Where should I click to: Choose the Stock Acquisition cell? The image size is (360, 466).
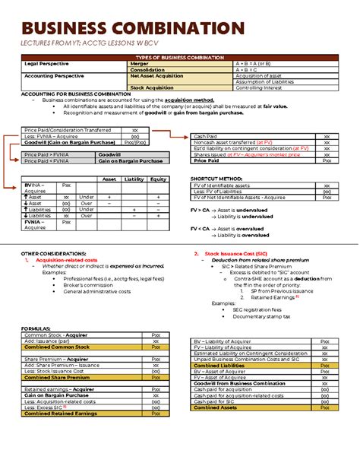152,87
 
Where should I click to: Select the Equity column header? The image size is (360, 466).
158,179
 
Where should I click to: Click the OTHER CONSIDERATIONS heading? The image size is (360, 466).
54,252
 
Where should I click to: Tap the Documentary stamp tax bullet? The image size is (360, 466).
261,316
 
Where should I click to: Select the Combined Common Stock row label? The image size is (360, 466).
57,347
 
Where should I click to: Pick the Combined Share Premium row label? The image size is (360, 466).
57,377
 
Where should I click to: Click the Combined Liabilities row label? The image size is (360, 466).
223,365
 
